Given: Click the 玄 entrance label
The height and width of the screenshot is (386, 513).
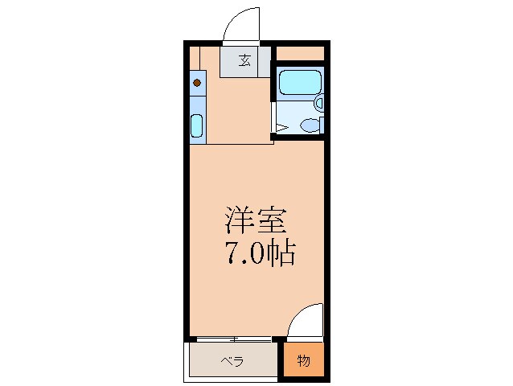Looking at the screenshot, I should pyautogui.click(x=243, y=61).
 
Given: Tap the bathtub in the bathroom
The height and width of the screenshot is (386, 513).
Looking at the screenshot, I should pyautogui.click(x=299, y=82).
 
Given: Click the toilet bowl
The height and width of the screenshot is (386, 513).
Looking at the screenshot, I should pyautogui.click(x=308, y=125).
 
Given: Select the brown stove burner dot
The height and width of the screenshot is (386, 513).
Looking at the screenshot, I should pyautogui.click(x=197, y=82).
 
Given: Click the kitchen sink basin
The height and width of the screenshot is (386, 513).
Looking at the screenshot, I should pyautogui.click(x=197, y=126).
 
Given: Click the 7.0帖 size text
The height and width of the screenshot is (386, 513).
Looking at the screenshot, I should pyautogui.click(x=258, y=254).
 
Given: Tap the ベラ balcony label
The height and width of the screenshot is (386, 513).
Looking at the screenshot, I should pyautogui.click(x=232, y=361).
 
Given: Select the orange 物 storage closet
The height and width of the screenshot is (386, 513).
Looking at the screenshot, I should pyautogui.click(x=304, y=360).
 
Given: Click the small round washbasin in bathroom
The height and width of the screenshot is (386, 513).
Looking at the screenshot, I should pyautogui.click(x=319, y=103).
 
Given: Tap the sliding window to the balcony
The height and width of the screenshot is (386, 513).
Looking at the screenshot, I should pyautogui.click(x=233, y=339).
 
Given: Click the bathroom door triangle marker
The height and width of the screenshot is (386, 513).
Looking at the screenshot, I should pyautogui.click(x=282, y=126).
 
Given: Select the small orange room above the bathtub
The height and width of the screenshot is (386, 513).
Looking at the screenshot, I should pyautogui.click(x=301, y=53).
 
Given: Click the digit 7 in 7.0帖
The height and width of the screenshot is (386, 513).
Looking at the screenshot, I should pyautogui.click(x=229, y=254).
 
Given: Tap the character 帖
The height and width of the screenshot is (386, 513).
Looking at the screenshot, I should pyautogui.click(x=283, y=254).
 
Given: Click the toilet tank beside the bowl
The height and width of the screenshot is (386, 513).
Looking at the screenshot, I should pyautogui.click(x=321, y=125).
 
